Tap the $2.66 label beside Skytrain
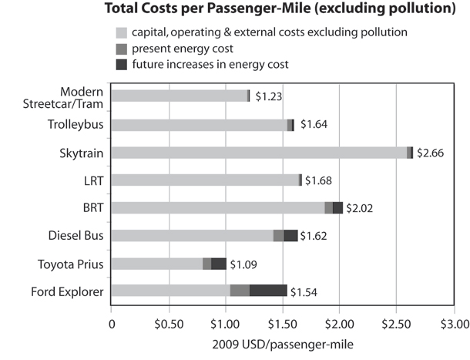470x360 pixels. (430, 153)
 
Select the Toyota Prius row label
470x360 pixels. (71, 264)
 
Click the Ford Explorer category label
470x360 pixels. (68, 291)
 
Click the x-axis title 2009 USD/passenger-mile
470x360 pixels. (282, 339)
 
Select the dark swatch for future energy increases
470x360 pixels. (121, 63)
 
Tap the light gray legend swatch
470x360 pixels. (121, 32)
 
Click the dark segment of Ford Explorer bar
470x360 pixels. (268, 291)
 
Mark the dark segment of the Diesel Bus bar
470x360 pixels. (290, 235)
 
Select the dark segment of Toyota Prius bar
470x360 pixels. (219, 264)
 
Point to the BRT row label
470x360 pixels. (95, 207)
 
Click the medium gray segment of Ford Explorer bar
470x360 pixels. (240, 291)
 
